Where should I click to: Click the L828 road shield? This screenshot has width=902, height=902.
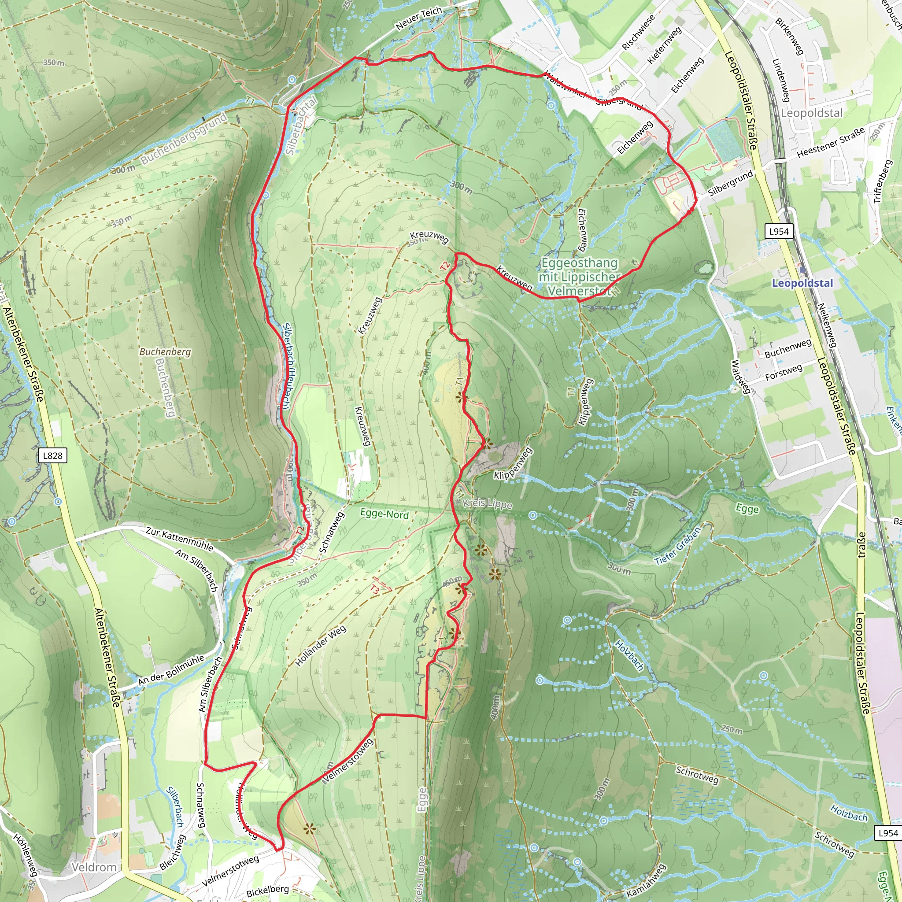(x=52, y=456)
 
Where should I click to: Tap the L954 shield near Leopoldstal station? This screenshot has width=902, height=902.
(x=779, y=231)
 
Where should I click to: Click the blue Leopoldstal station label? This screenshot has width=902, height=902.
(x=802, y=283)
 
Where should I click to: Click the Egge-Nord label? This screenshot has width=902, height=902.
(x=384, y=514)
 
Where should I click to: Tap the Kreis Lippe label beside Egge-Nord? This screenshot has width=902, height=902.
(x=488, y=503)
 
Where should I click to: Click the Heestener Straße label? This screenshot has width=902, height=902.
(x=831, y=142)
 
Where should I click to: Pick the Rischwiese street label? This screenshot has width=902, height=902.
(x=638, y=32)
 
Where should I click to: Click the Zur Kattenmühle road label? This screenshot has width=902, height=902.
(x=179, y=539)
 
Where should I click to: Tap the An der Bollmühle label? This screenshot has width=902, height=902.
(x=171, y=671)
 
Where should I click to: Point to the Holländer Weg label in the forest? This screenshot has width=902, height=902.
(x=321, y=646)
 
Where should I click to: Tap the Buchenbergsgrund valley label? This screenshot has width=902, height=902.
(x=184, y=139)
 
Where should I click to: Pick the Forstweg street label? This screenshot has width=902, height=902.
(x=784, y=373)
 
